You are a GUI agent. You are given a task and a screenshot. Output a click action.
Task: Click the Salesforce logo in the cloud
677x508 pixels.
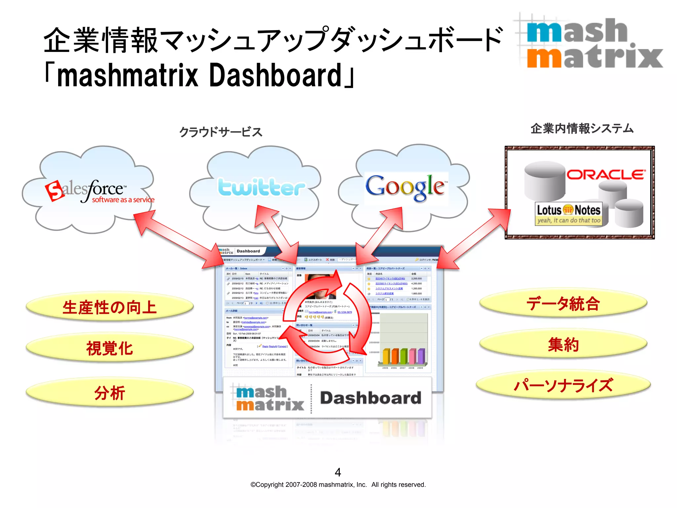click(99, 191)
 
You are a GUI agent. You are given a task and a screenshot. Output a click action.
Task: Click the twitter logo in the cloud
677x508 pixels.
click(261, 187)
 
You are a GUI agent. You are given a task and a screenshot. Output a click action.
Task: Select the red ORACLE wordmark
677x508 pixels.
click(606, 175)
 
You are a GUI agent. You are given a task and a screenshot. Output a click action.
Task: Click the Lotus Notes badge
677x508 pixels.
click(568, 214)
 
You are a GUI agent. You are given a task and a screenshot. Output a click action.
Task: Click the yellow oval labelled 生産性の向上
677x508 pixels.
click(109, 307)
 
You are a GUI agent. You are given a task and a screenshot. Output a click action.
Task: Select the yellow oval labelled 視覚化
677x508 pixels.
click(109, 348)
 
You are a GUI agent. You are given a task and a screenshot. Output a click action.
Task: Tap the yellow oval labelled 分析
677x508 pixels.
click(109, 393)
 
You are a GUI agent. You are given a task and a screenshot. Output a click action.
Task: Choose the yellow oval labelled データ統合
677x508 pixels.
click(563, 303)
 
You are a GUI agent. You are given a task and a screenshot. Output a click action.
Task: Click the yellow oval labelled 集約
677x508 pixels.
click(563, 345)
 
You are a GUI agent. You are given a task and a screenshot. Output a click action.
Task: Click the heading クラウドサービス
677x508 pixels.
click(220, 132)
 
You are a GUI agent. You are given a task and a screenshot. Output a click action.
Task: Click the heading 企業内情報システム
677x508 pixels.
click(582, 128)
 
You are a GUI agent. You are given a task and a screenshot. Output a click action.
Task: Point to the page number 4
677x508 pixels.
click(338, 472)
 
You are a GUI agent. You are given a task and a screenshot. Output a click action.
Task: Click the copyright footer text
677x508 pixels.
click(338, 485)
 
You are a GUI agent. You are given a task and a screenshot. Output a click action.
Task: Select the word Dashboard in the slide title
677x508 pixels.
click(275, 76)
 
